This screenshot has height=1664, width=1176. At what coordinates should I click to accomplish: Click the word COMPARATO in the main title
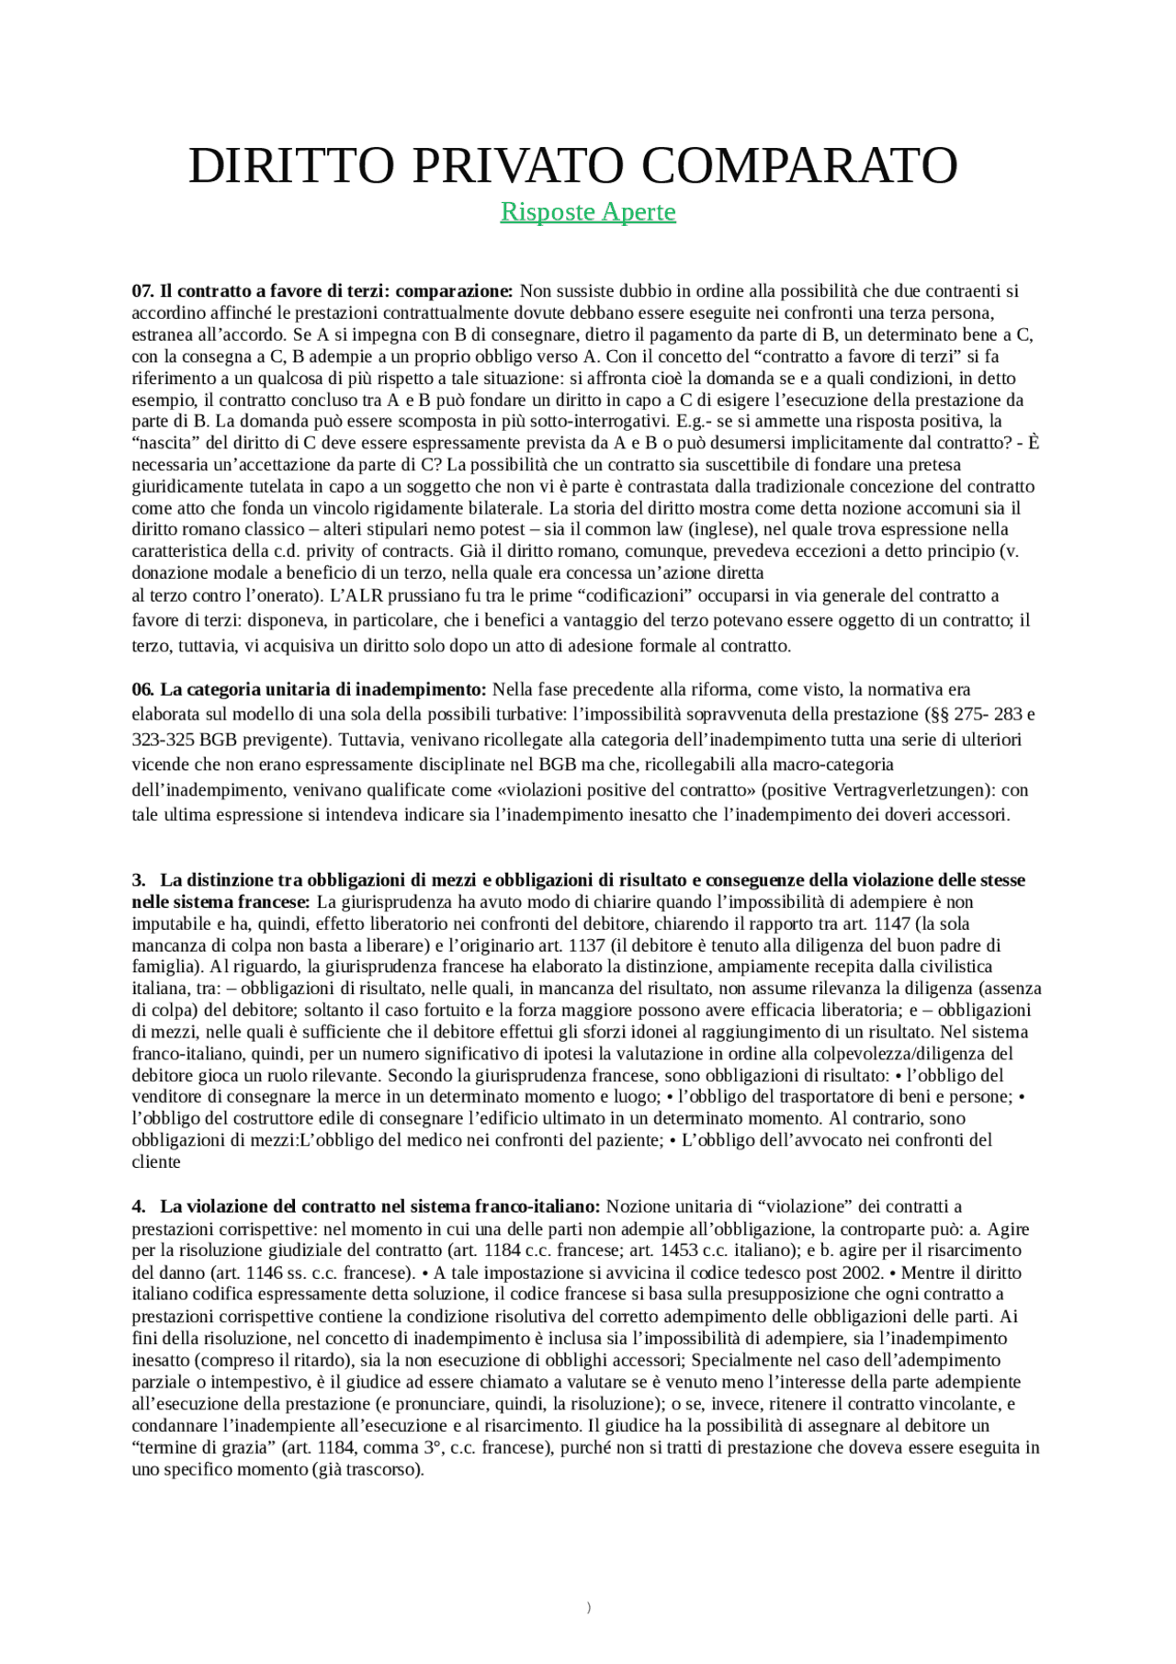click(x=799, y=166)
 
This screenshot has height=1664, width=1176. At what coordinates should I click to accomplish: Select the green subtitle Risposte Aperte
click(x=588, y=212)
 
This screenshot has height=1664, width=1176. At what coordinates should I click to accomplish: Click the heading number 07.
click(x=142, y=291)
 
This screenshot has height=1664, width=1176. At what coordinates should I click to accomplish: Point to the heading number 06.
click(x=142, y=690)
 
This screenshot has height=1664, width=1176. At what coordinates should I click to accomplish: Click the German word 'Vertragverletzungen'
click(x=905, y=790)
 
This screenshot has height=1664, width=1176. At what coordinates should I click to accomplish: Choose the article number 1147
click(x=891, y=923)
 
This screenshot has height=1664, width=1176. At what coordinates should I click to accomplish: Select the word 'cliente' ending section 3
click(x=156, y=1162)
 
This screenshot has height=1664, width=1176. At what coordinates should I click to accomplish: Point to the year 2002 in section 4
click(x=865, y=1273)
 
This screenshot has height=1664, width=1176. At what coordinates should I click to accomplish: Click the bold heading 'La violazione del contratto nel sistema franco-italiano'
click(x=379, y=1206)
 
